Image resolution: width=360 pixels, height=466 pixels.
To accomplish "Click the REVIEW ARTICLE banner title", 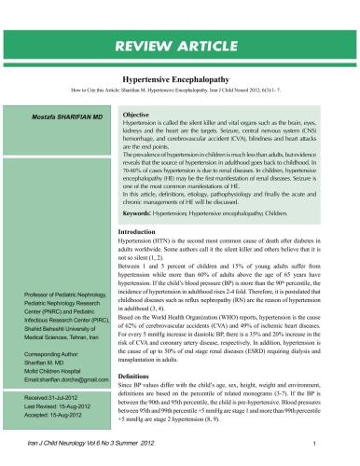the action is click(x=179, y=46).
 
